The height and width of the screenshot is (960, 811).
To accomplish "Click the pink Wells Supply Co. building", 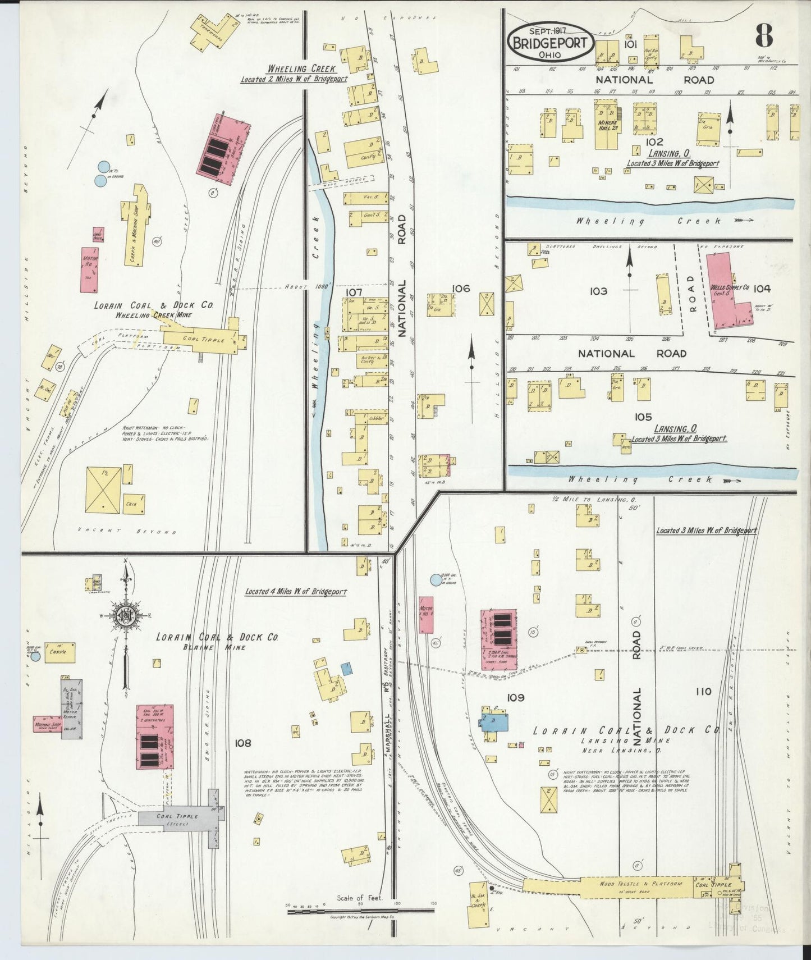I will tap(728, 292).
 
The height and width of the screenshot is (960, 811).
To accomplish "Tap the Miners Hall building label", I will tap(608, 126).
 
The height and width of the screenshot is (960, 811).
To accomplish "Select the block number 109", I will tap(515, 697).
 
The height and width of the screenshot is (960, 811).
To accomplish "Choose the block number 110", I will tap(703, 692).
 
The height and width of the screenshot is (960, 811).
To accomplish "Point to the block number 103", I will tap(598, 291).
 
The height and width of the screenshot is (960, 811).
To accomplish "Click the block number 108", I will tap(243, 743).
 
